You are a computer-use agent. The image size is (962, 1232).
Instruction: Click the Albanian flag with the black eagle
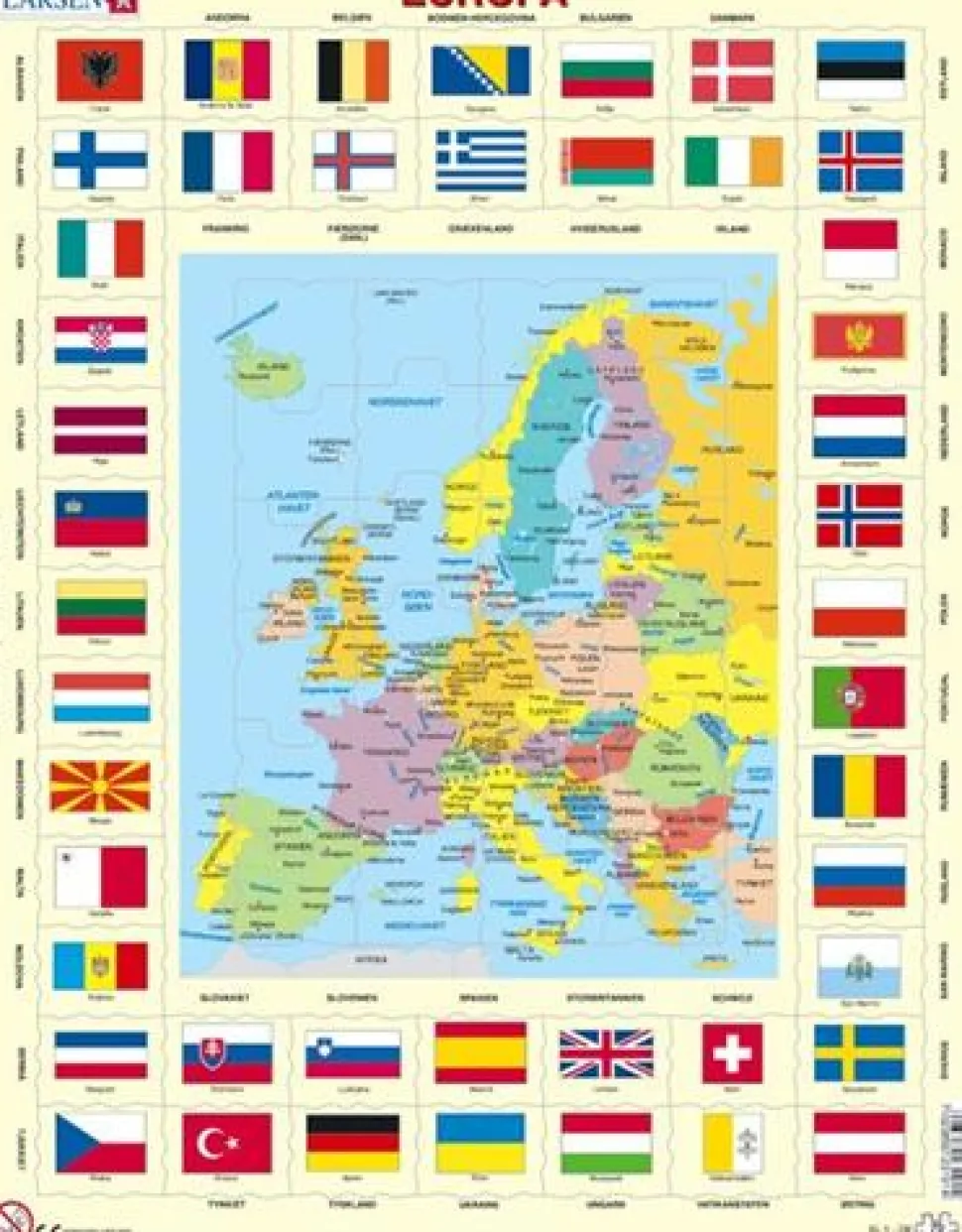click(x=99, y=70)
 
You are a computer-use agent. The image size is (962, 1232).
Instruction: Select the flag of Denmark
click(x=732, y=70)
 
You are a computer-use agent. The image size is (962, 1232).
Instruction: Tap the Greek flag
click(x=481, y=161)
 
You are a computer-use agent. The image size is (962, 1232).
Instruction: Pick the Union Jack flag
click(x=606, y=1053)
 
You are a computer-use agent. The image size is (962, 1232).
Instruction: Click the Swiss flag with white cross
click(x=732, y=1053)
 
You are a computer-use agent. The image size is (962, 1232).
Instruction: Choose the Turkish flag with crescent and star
click(x=227, y=1143)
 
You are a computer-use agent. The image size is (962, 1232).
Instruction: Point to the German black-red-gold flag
click(x=352, y=1143)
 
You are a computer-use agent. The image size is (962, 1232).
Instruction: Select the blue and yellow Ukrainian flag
click(x=480, y=1143)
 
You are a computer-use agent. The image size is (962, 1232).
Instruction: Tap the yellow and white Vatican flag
click(x=732, y=1143)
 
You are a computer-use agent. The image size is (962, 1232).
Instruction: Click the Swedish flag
click(x=859, y=1053)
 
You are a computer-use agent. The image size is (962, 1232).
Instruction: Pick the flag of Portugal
click(x=859, y=697)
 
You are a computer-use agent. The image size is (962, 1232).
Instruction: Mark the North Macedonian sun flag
click(x=99, y=787)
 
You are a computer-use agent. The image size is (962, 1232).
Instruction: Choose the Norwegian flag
click(x=859, y=516)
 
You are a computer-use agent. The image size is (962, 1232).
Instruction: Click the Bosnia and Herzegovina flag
click(x=481, y=70)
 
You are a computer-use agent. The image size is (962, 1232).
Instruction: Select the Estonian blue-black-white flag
click(x=860, y=70)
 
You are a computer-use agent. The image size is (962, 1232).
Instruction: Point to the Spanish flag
click(x=480, y=1053)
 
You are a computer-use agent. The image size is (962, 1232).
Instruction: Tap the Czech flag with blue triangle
click(x=99, y=1143)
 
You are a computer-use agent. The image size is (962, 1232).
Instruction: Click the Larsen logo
click(x=69, y=5)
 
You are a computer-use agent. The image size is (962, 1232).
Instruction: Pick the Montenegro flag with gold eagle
click(x=859, y=336)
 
